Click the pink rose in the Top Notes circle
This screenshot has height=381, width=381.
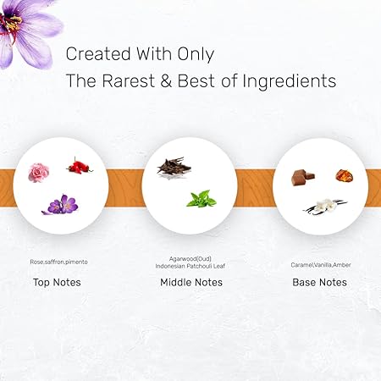click(39, 173)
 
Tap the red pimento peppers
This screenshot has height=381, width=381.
click(80, 166)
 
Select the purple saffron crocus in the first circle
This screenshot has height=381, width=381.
click(60, 205)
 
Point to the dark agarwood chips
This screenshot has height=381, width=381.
click(174, 167)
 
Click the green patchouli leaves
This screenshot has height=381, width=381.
click(202, 199)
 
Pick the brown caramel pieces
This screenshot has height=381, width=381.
click(303, 177)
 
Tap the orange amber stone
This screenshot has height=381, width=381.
click(345, 175)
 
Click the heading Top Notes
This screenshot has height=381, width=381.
click(57, 282)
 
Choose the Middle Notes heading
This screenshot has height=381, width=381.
click(191, 282)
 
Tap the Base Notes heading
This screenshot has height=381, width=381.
click(319, 282)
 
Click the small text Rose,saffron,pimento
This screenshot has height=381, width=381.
click(58, 262)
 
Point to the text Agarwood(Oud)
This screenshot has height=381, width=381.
click(190, 258)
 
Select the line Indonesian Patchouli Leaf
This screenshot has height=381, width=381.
click(190, 266)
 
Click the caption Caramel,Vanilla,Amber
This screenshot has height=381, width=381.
click(321, 265)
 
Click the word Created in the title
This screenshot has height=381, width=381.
click(98, 53)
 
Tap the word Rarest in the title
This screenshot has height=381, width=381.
click(128, 80)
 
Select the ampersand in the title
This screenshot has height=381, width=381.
click(166, 80)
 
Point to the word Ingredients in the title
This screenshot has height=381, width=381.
click(290, 81)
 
